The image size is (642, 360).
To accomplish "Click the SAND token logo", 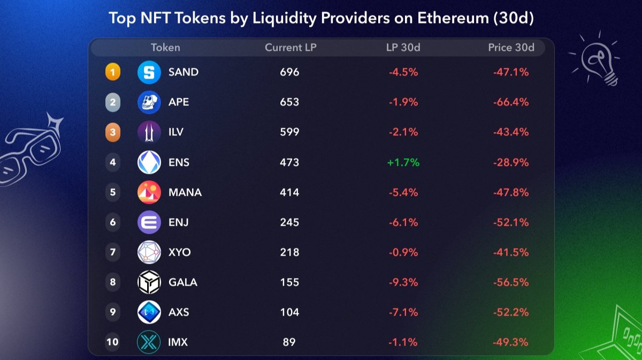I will click(149, 72).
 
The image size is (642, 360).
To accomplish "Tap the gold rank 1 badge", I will click(112, 72).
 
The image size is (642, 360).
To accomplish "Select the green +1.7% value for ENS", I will click(403, 162).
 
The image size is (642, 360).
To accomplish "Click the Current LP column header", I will click(291, 48).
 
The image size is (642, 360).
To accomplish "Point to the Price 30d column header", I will click(511, 48).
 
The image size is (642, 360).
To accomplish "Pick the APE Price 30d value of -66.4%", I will click(511, 102).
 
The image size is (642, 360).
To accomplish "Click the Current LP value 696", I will click(289, 72).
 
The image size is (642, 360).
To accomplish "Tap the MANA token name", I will click(185, 193).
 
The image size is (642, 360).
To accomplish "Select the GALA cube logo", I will click(149, 282).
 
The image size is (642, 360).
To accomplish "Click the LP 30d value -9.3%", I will click(403, 282).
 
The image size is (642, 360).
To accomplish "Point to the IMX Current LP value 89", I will click(289, 342).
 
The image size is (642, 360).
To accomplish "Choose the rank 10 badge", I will click(112, 342).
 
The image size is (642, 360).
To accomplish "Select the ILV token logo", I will click(149, 132).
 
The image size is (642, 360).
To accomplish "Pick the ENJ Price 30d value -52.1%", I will click(511, 223).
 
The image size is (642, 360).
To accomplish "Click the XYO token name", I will click(179, 252).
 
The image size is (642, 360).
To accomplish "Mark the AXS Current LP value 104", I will click(289, 312).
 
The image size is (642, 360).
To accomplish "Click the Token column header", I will click(165, 48).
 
